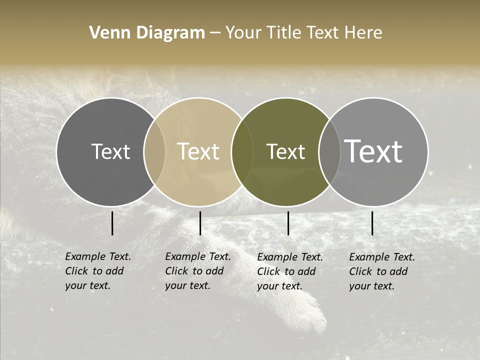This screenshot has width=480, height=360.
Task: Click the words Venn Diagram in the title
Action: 147,33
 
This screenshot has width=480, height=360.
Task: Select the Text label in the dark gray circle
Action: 110,151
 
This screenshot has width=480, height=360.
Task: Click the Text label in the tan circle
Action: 198,151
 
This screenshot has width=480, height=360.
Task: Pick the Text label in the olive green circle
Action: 285,151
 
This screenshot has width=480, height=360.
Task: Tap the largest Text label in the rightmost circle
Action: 373,151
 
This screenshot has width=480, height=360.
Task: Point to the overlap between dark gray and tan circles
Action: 154,151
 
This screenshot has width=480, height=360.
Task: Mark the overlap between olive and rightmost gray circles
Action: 329,151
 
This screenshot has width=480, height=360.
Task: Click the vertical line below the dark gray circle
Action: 112,223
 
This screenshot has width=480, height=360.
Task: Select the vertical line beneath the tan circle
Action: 200,223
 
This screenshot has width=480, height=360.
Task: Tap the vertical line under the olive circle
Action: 288,223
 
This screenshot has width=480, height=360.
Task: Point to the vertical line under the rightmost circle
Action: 372,223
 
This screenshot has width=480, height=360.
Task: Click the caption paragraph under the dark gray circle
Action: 97,271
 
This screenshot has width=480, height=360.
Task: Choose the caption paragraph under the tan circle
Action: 197,271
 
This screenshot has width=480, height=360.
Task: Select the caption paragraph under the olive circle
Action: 289,271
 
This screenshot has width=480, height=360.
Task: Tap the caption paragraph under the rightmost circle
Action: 381,271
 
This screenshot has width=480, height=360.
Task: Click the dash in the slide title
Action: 215,33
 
